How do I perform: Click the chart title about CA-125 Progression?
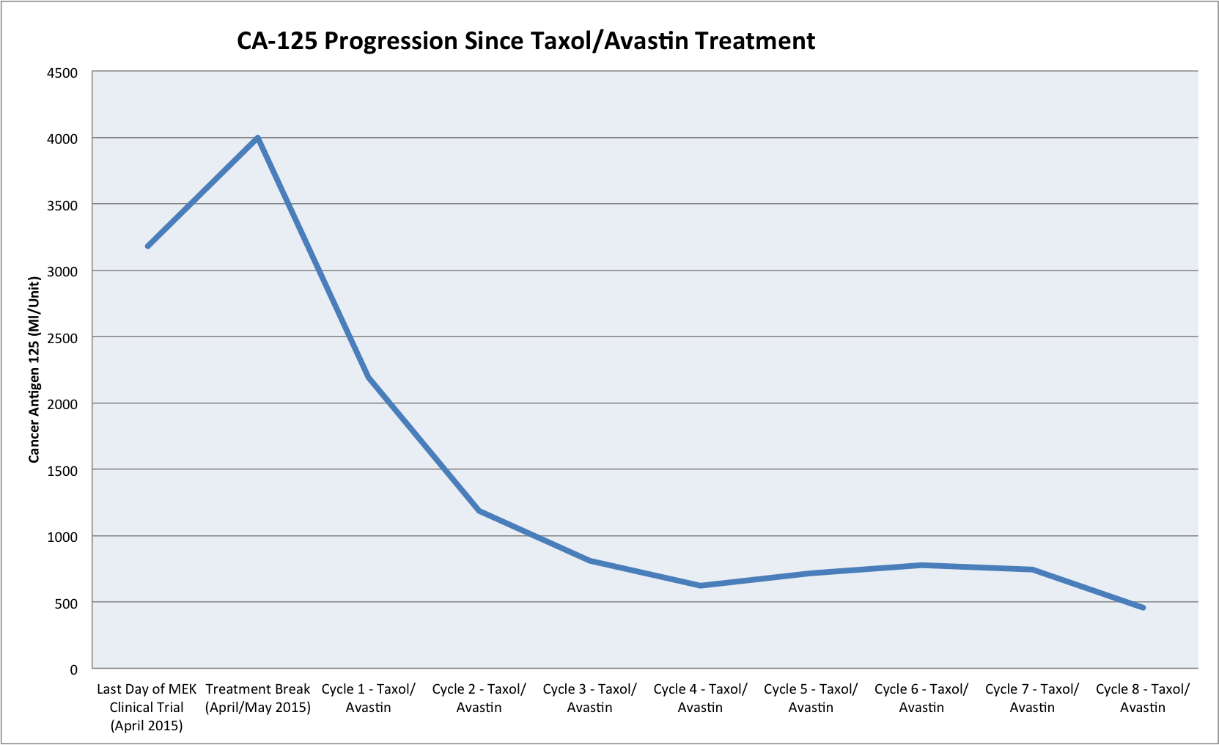tap(526, 40)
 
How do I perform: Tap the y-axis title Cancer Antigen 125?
tap(34, 370)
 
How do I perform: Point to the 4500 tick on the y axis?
tap(63, 73)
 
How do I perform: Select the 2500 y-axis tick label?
tap(63, 338)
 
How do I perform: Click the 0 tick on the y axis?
tap(73, 669)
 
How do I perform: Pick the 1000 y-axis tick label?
tap(63, 537)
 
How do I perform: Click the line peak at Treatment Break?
tap(258, 138)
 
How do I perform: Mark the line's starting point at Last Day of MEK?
tap(148, 246)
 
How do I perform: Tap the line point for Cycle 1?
tap(369, 377)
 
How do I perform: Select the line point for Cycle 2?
tap(479, 510)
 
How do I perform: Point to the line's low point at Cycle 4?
tap(700, 585)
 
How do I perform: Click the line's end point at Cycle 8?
tap(1142, 607)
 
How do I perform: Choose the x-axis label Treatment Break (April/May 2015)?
tap(258, 698)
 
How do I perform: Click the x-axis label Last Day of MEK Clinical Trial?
tap(147, 707)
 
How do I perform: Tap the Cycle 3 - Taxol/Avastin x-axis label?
tap(589, 698)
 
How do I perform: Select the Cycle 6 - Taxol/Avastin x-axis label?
tap(921, 698)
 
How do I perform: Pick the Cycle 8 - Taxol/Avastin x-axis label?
tap(1143, 698)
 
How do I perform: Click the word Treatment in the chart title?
tap(755, 40)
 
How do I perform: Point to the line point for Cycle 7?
tap(1032, 569)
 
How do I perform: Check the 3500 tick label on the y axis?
tap(63, 205)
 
